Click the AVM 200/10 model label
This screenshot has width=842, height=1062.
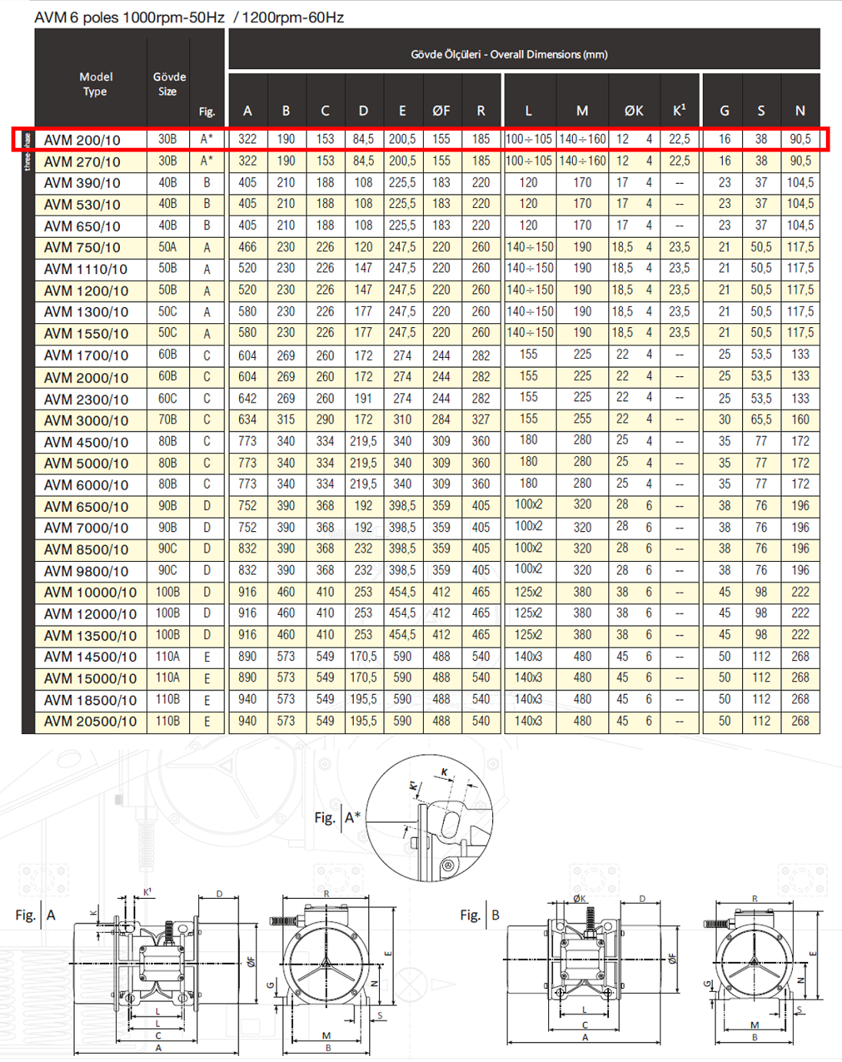pyautogui.click(x=82, y=140)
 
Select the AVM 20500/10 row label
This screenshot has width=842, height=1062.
pyautogui.click(x=90, y=721)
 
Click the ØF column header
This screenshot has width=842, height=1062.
pyautogui.click(x=441, y=111)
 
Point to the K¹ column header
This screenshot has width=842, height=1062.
pyautogui.click(x=679, y=111)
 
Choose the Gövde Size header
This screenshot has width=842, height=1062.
pyautogui.click(x=169, y=84)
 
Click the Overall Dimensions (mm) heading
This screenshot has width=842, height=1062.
pyautogui.click(x=509, y=55)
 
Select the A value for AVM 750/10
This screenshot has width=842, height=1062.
pyautogui.click(x=248, y=247)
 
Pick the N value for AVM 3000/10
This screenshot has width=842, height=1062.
pyautogui.click(x=800, y=419)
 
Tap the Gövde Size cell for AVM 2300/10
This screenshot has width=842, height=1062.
pyautogui.click(x=168, y=398)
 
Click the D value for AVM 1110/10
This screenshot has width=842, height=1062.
pyautogui.click(x=363, y=269)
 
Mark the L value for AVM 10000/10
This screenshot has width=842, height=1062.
pyautogui.click(x=528, y=592)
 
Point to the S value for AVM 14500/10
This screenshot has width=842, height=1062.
pyautogui.click(x=761, y=656)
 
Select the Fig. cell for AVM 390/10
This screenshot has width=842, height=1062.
pyautogui.click(x=207, y=182)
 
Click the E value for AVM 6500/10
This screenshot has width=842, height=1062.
pyautogui.click(x=402, y=506)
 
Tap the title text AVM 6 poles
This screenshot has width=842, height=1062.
pyautogui.click(x=76, y=17)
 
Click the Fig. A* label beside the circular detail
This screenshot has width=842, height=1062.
pyautogui.click(x=337, y=817)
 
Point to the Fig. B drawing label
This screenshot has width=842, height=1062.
pyautogui.click(x=480, y=915)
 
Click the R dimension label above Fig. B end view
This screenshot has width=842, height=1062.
pyautogui.click(x=754, y=898)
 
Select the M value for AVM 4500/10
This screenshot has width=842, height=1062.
pyautogui.click(x=582, y=441)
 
